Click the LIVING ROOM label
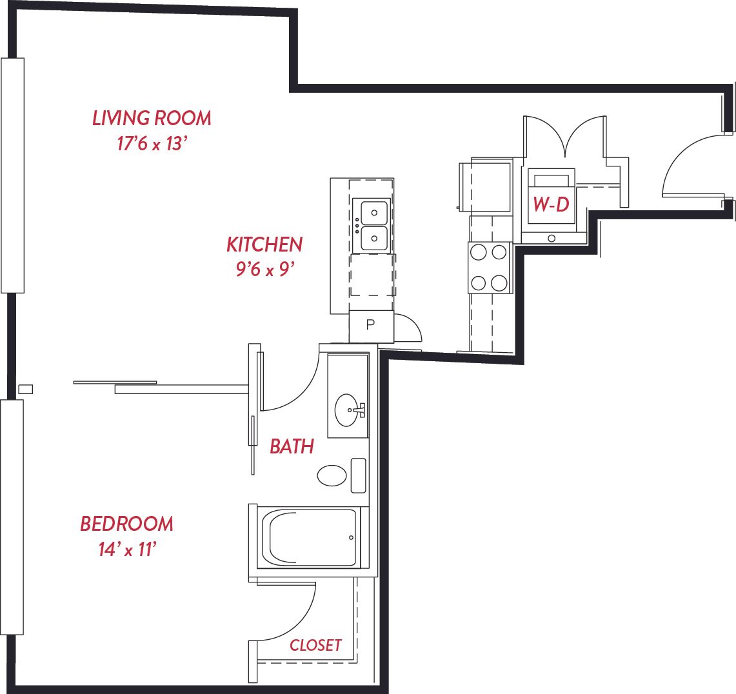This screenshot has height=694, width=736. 152,118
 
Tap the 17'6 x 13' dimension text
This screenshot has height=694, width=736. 152,144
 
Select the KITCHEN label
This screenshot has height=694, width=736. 264,244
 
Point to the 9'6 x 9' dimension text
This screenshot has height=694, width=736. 265,270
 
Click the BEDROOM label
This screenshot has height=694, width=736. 126,524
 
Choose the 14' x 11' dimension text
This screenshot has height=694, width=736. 127,549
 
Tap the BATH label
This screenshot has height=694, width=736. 292,447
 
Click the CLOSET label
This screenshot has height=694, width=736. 315,645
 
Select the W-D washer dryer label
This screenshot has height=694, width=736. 552,204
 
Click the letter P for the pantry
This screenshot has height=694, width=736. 370,324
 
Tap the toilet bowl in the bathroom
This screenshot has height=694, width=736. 332,475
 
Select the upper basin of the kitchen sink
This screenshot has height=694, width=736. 374,213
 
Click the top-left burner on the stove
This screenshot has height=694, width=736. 479,252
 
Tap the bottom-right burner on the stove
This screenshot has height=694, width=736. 499,283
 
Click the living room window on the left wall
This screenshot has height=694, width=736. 13,175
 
